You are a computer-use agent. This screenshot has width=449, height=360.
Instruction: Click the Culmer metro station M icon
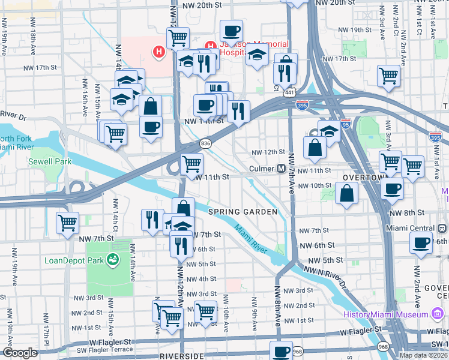coord(281,169)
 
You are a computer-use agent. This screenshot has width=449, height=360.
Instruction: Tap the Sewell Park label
coord(50,161)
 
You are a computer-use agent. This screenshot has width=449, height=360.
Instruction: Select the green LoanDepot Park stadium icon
coord(112,260)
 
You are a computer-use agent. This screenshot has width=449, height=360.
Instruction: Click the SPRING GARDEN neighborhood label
coord(243,212)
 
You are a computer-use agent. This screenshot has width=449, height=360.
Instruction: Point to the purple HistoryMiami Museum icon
coord(436,314)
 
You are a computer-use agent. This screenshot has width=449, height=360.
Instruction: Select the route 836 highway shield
coord(206,143)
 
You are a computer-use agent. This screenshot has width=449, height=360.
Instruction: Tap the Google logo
coord(20,352)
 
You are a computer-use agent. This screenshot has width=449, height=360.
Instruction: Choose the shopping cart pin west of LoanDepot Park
coord(67,222)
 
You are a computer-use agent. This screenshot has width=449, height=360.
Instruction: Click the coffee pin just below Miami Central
coord(421,243)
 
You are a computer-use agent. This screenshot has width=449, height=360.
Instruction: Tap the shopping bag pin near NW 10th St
coord(346,193)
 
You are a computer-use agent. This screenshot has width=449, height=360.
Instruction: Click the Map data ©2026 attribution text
coord(424,355)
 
